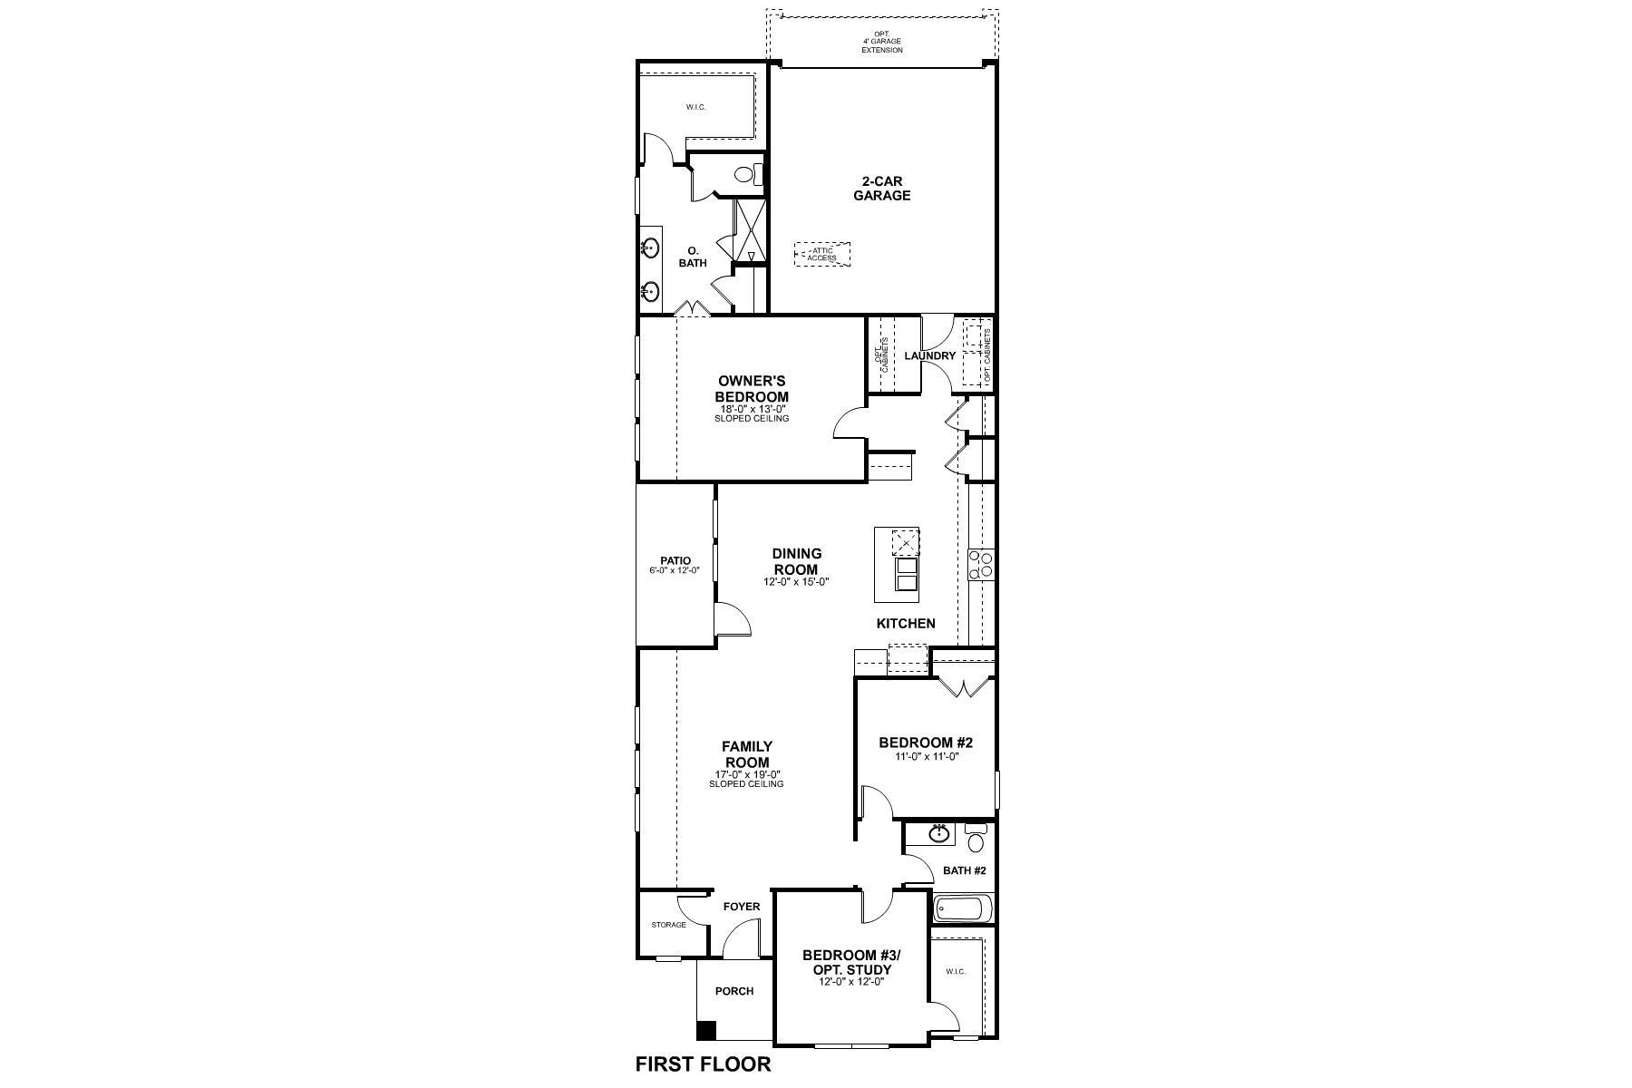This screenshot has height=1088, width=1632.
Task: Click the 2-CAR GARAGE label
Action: click(x=881, y=189)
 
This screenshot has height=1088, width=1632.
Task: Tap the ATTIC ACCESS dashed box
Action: click(x=822, y=255)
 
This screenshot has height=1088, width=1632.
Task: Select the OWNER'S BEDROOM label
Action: click(x=752, y=390)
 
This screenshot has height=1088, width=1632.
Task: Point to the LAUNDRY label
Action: click(x=929, y=356)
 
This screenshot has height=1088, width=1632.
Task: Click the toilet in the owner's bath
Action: click(x=746, y=174)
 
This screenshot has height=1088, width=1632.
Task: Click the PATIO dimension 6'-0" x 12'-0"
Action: click(x=675, y=571)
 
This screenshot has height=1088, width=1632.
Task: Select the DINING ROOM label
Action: click(x=796, y=561)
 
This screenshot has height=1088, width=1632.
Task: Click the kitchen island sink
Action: click(x=906, y=574)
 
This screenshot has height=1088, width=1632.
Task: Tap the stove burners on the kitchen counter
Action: click(x=980, y=565)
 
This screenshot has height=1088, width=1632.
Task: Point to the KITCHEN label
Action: click(x=905, y=624)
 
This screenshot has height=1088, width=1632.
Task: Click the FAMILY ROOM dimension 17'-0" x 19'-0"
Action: click(x=746, y=774)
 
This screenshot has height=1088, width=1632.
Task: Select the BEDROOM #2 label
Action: click(x=925, y=743)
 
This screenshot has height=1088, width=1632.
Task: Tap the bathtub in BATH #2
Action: click(x=963, y=908)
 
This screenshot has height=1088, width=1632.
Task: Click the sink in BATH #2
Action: click(x=939, y=833)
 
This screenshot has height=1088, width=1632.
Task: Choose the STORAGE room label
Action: click(x=668, y=925)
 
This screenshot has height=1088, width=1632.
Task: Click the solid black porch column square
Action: click(x=704, y=1031)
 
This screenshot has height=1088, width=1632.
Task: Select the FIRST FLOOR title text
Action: click(x=703, y=1064)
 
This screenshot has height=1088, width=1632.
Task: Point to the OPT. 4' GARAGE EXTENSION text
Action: click(x=881, y=43)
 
